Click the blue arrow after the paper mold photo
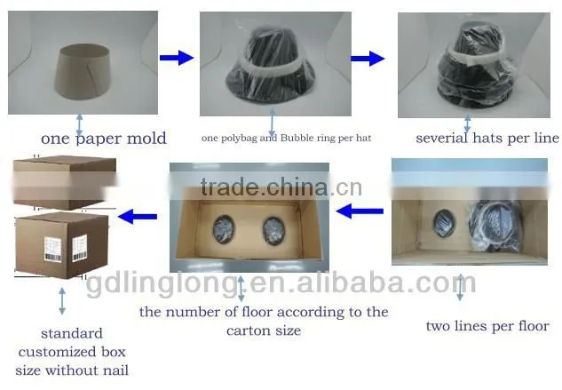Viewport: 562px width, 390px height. tap(177, 58)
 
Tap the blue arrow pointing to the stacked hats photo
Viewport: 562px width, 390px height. tap(368, 59)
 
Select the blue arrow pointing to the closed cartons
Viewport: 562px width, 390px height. tap(138, 217)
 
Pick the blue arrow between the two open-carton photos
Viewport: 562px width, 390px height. tap(360, 211)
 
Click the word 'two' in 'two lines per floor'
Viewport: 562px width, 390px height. tap(438, 327)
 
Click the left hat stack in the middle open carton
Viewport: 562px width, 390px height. tap(224, 229)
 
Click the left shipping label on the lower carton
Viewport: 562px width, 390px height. tap(52, 249)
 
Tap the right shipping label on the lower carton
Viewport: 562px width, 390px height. tap(79, 248)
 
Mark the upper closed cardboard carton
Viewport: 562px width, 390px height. tap(65, 183)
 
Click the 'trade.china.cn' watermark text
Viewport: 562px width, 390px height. tap(281, 187)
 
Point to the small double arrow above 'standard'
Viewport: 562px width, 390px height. tap(62, 301)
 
